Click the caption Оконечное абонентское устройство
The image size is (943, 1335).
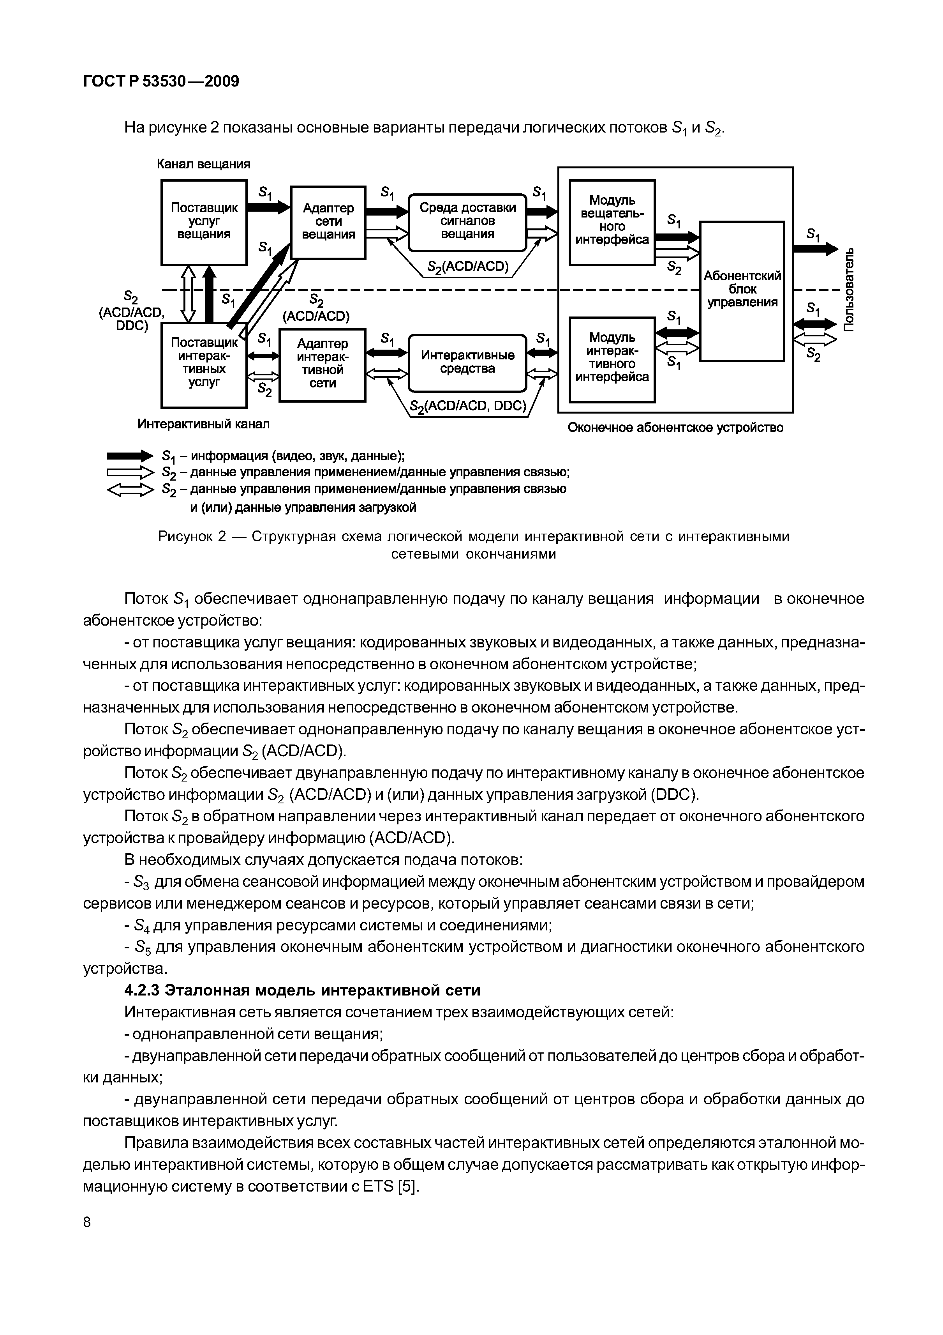[x=675, y=428]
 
